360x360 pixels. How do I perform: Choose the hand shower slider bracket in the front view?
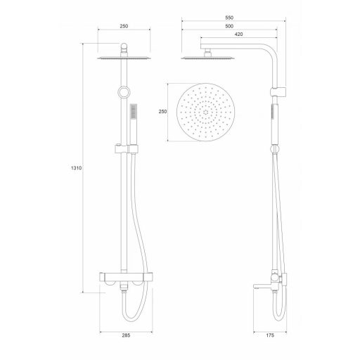[125, 148]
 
